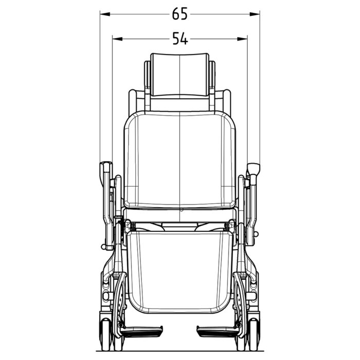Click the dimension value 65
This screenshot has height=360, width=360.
(x=180, y=14)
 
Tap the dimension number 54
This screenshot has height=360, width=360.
(x=180, y=39)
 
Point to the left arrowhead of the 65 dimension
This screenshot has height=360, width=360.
(x=103, y=14)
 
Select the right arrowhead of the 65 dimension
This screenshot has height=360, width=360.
(x=257, y=14)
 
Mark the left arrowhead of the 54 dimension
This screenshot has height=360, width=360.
(x=116, y=39)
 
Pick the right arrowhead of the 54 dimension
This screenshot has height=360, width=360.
(x=244, y=39)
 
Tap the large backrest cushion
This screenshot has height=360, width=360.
(x=180, y=159)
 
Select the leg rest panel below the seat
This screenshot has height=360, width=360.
(x=180, y=270)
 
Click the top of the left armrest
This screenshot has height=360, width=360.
(x=106, y=167)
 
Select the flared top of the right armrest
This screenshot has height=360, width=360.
(x=254, y=168)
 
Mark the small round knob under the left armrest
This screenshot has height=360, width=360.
(x=104, y=247)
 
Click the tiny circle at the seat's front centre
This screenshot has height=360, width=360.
(x=182, y=211)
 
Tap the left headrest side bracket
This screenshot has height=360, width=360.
(x=148, y=77)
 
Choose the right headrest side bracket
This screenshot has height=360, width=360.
(x=212, y=77)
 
